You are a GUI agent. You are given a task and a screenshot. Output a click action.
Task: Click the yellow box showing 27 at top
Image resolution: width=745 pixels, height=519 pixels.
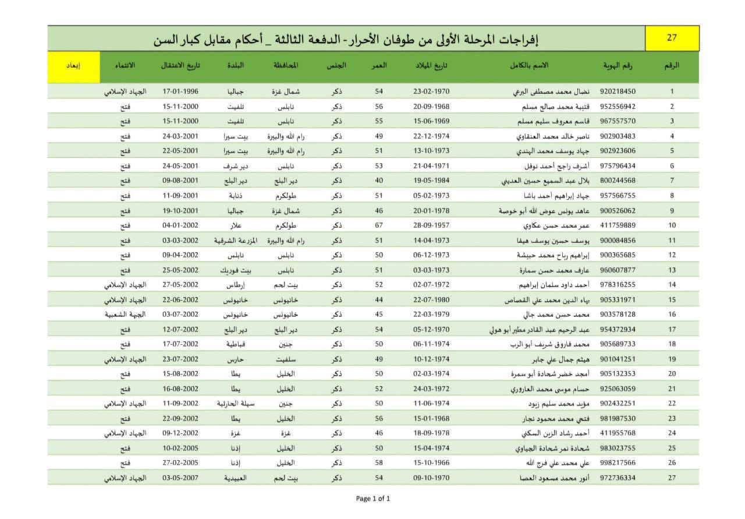(672, 38)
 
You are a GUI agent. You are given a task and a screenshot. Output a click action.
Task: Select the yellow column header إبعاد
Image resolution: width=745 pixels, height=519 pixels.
(73, 66)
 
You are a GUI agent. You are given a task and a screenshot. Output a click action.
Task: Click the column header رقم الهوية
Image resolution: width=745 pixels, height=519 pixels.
(618, 66)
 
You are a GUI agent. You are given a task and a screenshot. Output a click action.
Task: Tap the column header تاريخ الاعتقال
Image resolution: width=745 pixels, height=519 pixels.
(180, 66)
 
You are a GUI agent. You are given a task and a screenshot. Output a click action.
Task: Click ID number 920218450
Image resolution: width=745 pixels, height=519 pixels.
(618, 91)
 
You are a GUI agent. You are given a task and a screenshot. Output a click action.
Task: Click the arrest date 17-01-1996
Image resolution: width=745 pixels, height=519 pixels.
(180, 91)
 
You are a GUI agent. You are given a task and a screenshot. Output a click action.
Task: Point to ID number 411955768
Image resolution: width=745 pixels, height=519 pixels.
(618, 433)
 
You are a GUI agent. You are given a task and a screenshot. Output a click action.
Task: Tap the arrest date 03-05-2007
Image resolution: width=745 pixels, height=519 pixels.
(180, 478)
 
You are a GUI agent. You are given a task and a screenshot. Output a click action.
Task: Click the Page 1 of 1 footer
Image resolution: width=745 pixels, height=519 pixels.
(372, 498)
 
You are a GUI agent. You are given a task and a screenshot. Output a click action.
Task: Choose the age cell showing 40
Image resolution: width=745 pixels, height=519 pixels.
(379, 181)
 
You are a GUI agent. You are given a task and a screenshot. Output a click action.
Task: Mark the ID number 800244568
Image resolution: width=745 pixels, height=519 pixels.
(618, 181)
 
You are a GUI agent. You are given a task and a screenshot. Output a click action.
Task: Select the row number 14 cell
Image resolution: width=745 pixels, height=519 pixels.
(672, 284)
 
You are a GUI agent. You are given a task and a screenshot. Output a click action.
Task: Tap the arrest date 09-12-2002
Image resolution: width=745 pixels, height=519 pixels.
(180, 433)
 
